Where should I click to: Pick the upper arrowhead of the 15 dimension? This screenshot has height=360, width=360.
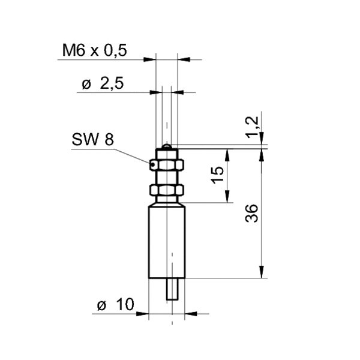(227, 152)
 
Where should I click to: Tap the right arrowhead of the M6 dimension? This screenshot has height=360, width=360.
(183, 59)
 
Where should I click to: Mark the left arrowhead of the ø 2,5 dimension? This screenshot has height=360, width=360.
(157, 92)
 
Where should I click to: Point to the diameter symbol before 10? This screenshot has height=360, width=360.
(101, 305)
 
